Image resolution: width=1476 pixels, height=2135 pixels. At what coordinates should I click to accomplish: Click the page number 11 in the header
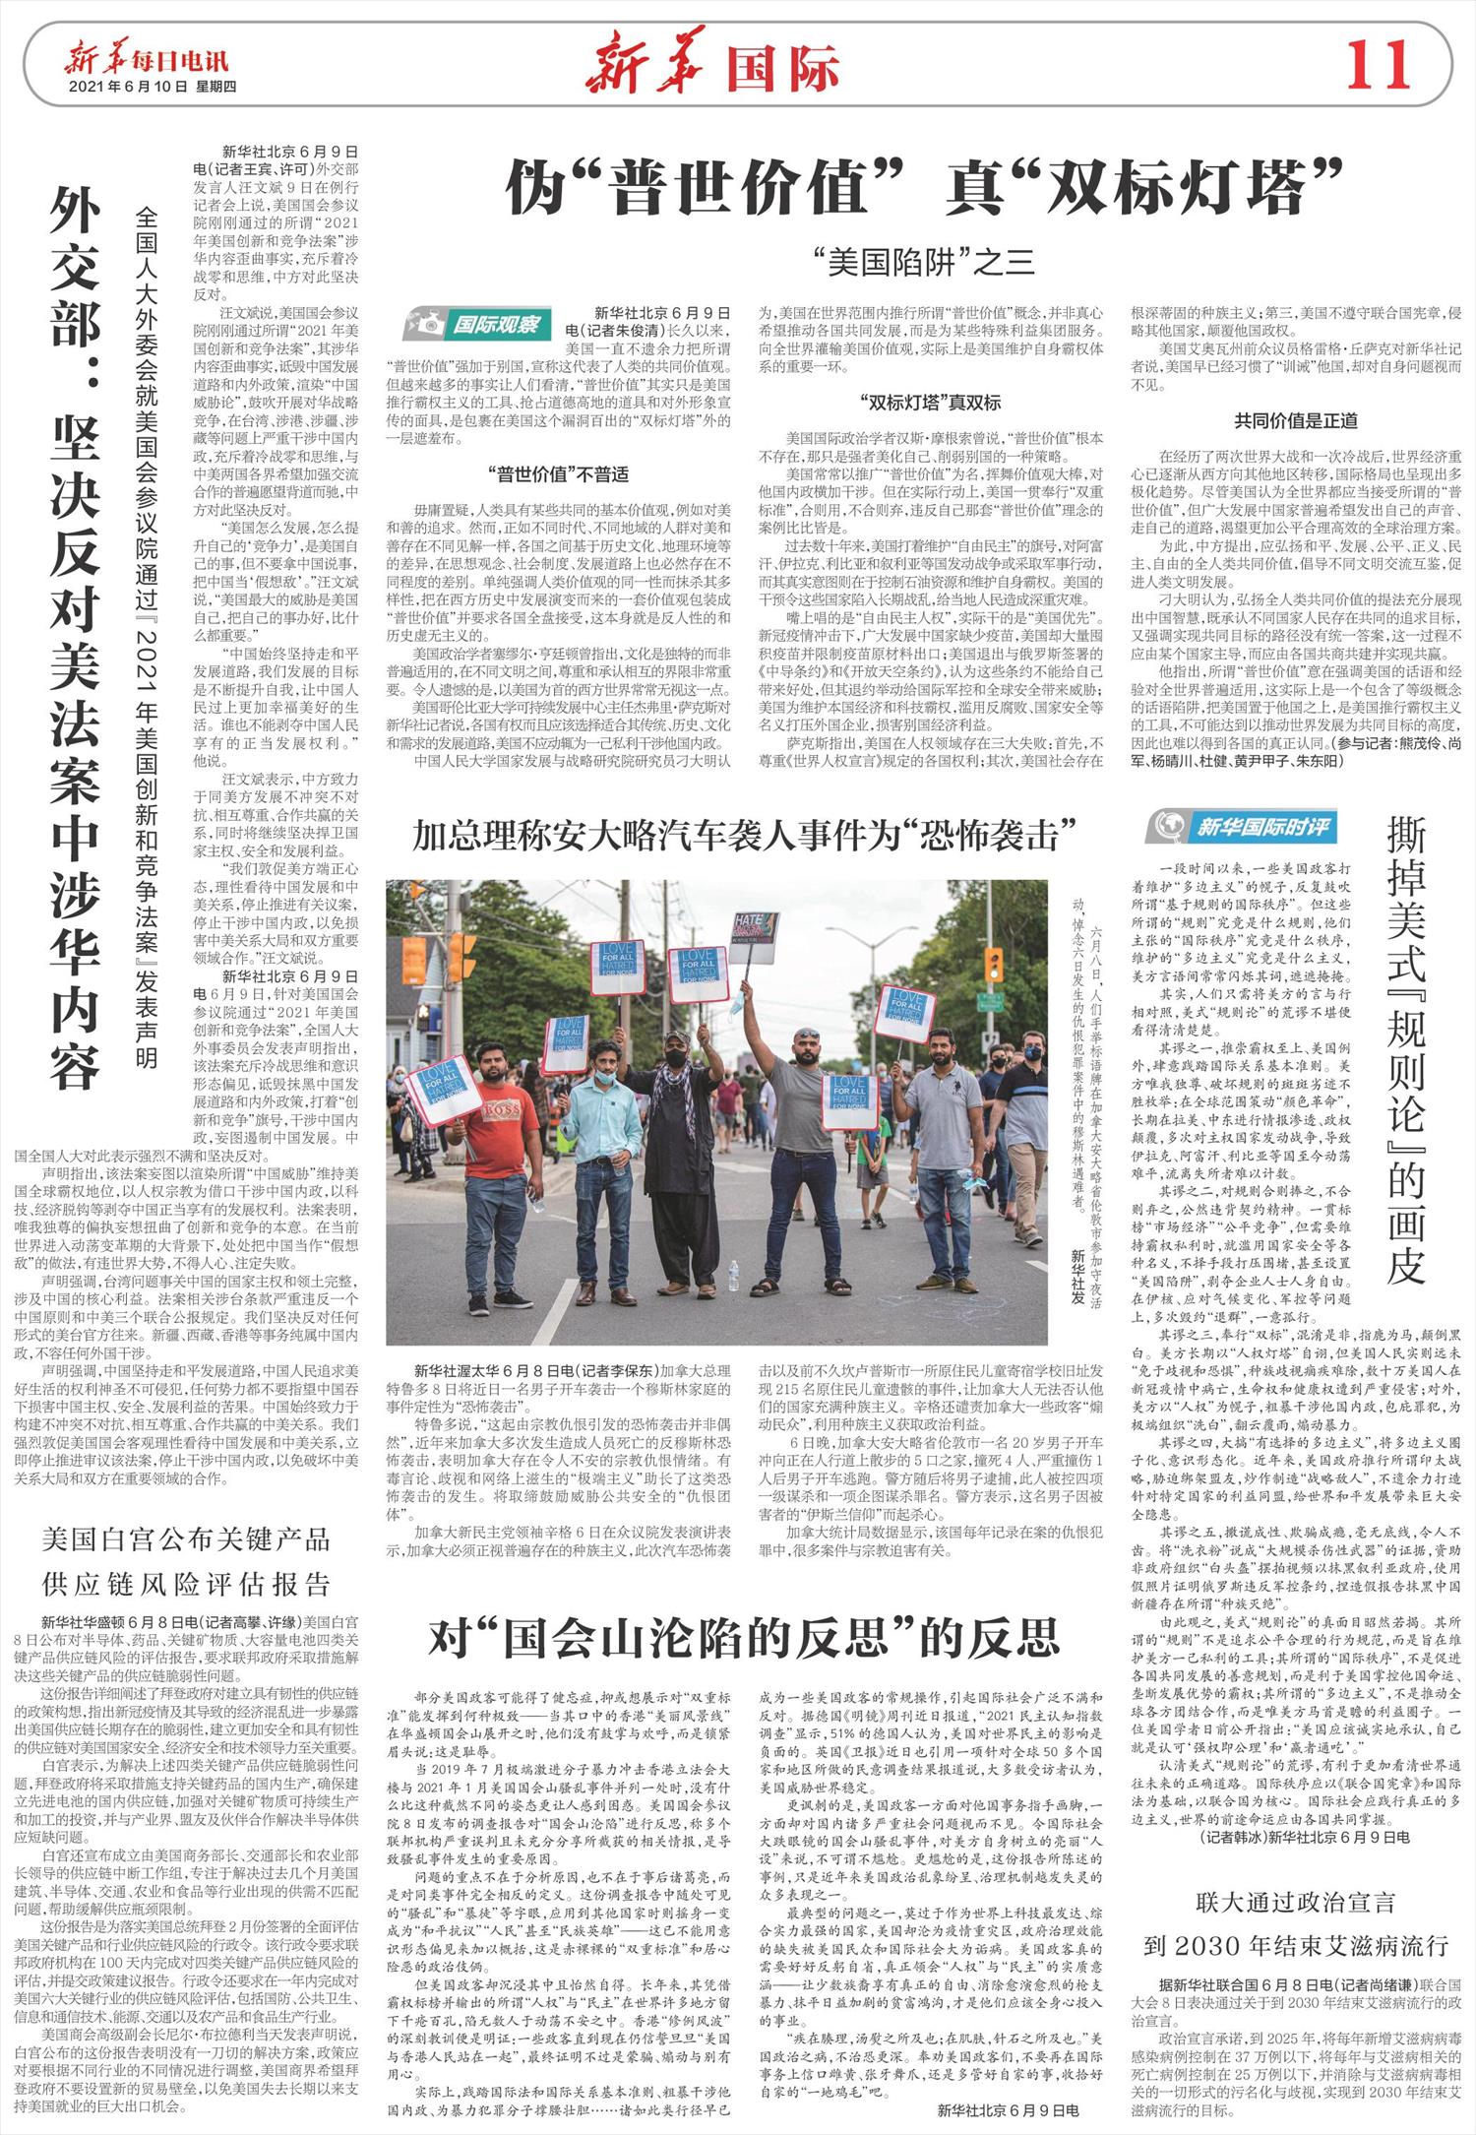(1380, 66)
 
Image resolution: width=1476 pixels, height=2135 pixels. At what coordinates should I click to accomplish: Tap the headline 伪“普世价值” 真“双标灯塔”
(924, 188)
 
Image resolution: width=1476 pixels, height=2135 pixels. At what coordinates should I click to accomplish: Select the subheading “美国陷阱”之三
(924, 261)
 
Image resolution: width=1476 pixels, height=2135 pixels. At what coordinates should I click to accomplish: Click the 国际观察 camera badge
(476, 324)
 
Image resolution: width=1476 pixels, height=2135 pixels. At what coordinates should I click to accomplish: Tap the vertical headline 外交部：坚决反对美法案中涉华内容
(79, 630)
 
